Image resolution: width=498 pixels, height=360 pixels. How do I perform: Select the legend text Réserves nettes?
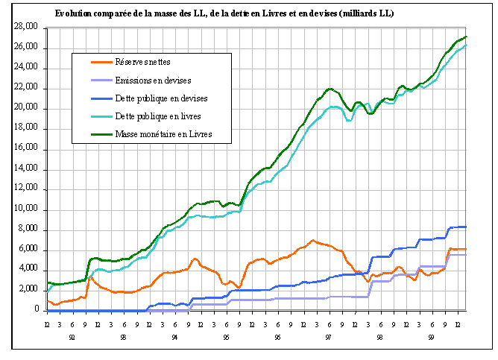pyautogui.click(x=148, y=61)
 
